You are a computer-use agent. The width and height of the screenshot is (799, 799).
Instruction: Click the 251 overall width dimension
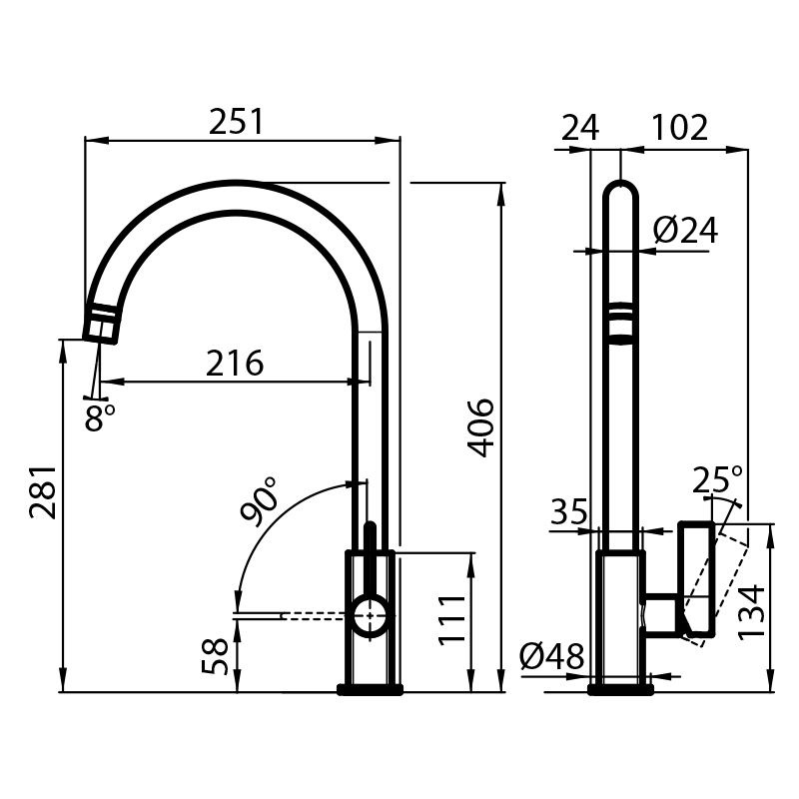237,122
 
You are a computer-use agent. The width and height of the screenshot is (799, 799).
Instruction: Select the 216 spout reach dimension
235,364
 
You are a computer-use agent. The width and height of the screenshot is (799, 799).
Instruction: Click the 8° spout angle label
99,416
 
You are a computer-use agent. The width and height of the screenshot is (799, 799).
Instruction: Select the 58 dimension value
215,656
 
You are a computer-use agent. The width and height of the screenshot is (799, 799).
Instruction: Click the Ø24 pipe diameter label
685,231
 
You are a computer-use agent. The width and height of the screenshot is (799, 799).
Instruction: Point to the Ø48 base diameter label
552,656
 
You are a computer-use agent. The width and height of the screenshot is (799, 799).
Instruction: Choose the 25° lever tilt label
718,480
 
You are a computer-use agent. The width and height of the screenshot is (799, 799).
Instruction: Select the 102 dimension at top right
680,128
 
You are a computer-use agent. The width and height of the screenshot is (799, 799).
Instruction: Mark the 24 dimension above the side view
580,128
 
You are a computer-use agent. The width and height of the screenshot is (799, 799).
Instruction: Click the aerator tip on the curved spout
101,324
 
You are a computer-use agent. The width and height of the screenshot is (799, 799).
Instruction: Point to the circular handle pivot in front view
371,616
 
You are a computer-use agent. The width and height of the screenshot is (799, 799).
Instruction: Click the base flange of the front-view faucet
370,689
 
